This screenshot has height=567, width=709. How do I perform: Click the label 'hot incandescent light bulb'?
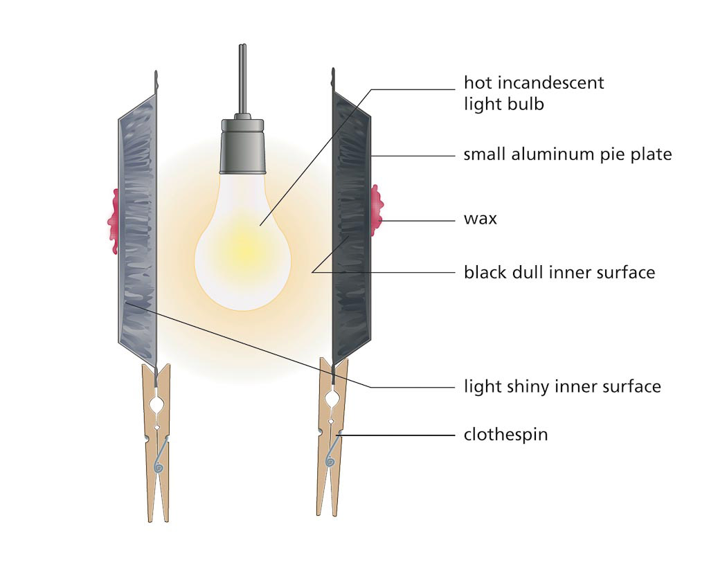533,93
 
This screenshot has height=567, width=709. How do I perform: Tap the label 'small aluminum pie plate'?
567,154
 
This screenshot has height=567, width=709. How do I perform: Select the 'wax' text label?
480,219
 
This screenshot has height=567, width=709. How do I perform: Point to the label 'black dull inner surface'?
559,272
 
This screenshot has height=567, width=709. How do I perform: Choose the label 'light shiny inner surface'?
562,386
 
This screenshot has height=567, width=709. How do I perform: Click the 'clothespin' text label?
505,435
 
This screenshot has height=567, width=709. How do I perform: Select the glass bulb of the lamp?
242,242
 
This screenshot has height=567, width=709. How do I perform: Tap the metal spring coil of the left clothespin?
159,465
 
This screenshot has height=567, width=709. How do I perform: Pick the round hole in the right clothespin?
333,399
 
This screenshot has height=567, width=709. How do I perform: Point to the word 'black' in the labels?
484,272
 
